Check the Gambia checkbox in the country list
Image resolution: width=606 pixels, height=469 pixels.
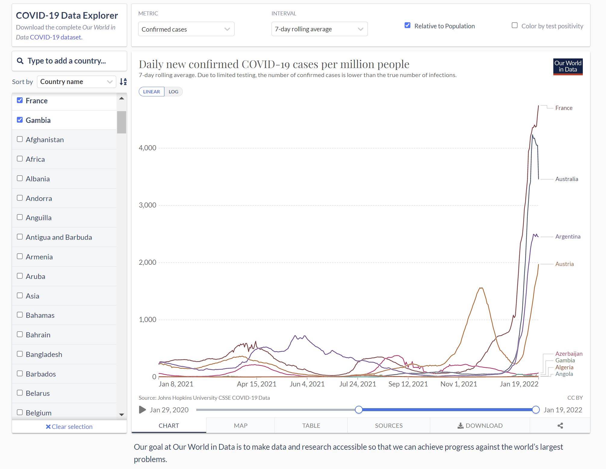coord(20,120)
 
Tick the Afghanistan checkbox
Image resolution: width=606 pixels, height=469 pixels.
coord(20,139)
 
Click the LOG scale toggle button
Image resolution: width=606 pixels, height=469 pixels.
coord(173,92)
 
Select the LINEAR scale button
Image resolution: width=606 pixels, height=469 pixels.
coord(151,92)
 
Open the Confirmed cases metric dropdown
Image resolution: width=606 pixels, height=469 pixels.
coord(186,29)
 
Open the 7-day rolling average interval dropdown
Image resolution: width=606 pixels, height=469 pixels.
coord(319,29)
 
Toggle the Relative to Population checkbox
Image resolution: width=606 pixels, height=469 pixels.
coord(408,25)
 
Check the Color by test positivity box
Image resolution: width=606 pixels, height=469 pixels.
coord(515,25)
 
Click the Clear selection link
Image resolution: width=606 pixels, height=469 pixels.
coord(69,427)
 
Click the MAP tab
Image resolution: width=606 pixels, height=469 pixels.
coord(241,425)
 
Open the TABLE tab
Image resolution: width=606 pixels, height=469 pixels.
coord(311,425)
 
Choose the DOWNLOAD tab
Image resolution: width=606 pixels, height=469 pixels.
coord(480,425)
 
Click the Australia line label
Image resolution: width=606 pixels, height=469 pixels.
coord(567,179)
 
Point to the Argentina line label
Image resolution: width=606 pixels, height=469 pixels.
coord(568,236)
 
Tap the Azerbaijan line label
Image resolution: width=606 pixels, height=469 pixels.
coord(569,354)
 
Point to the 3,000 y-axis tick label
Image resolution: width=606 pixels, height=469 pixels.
coord(148,205)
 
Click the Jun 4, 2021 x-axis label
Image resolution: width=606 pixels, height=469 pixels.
coord(307,384)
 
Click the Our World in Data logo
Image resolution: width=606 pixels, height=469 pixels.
coord(568,67)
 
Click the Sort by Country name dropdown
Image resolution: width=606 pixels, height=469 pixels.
coord(76,82)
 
